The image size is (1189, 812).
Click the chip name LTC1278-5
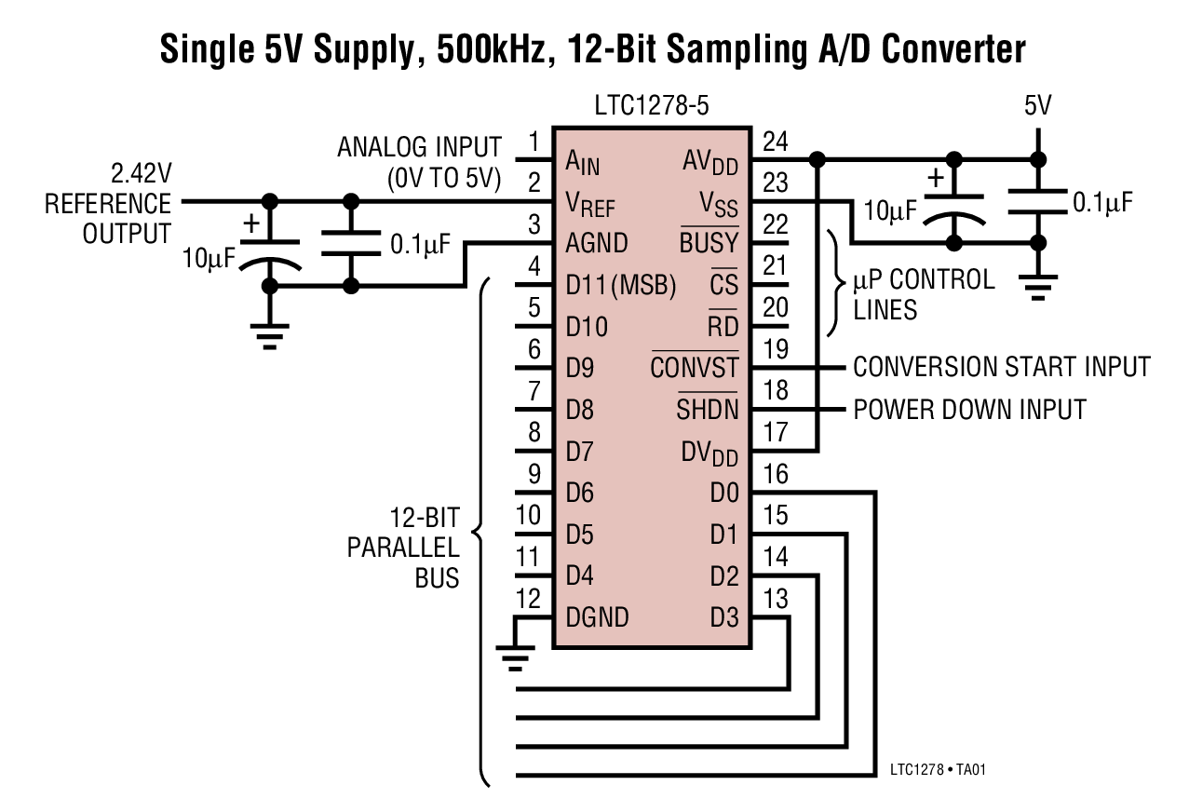(x=652, y=105)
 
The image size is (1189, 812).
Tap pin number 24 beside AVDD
(x=775, y=142)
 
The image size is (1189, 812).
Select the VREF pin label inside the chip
(x=589, y=203)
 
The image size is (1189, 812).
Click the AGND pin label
(x=596, y=244)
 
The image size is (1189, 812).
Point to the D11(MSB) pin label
(x=620, y=285)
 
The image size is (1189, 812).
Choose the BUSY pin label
(x=709, y=244)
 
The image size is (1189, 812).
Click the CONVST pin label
(x=694, y=367)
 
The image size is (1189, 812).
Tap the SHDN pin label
(x=707, y=409)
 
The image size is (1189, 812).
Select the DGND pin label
(x=597, y=616)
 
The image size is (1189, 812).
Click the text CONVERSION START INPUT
(x=1001, y=367)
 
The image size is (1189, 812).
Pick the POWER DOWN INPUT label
(x=969, y=409)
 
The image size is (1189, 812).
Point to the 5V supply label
(x=1037, y=105)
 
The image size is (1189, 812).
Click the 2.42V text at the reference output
(x=141, y=174)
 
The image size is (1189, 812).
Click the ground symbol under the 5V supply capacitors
(x=1037, y=283)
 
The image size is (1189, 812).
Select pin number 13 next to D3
(x=775, y=597)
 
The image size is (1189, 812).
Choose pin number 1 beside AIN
(x=534, y=142)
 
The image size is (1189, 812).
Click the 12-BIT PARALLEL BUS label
(x=414, y=547)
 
